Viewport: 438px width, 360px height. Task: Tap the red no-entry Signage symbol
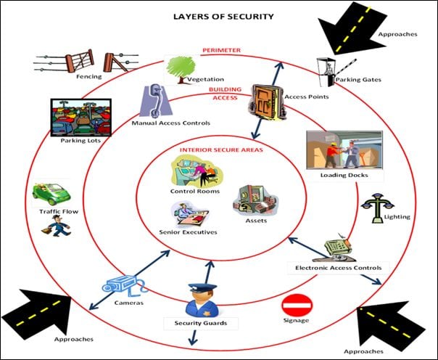pos(296,303)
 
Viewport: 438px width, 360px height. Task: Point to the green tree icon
pos(178,67)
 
